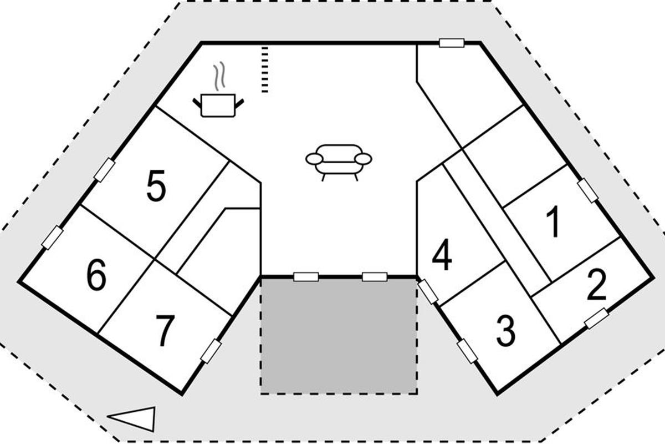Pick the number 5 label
pos(156,186)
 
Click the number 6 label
pos(96,275)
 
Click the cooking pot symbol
pos(220,105)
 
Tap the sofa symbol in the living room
pos(339,159)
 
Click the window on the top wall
pos(452,43)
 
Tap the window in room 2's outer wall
pos(597,319)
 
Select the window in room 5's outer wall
pos(104,169)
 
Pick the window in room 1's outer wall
pos(588,190)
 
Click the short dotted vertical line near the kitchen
pos(265,70)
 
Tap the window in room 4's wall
pos(428,291)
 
